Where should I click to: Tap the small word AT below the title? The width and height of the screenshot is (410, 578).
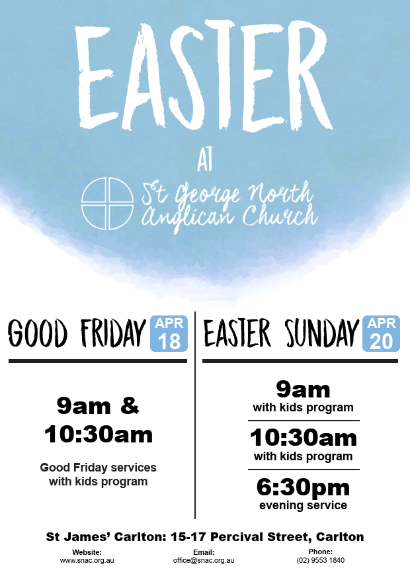205,161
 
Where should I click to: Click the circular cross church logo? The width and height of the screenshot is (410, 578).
107,204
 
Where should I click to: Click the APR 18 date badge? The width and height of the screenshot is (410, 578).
169,333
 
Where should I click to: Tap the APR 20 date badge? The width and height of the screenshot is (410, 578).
382,333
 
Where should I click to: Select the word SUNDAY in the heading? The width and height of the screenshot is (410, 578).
322,333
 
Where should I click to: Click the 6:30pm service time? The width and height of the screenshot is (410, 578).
303,487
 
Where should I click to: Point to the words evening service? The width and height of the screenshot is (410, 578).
303,505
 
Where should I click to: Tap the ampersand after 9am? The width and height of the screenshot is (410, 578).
130,405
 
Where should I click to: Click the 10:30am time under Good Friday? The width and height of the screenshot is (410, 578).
99,434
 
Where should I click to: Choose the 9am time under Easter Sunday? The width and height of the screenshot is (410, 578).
303,390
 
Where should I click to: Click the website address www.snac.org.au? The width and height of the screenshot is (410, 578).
87,560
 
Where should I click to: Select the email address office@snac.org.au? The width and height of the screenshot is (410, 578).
204,560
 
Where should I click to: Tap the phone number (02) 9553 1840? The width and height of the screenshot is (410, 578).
321,560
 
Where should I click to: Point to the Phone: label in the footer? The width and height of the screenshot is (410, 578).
321,552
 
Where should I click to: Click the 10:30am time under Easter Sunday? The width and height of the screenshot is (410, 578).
303,438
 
